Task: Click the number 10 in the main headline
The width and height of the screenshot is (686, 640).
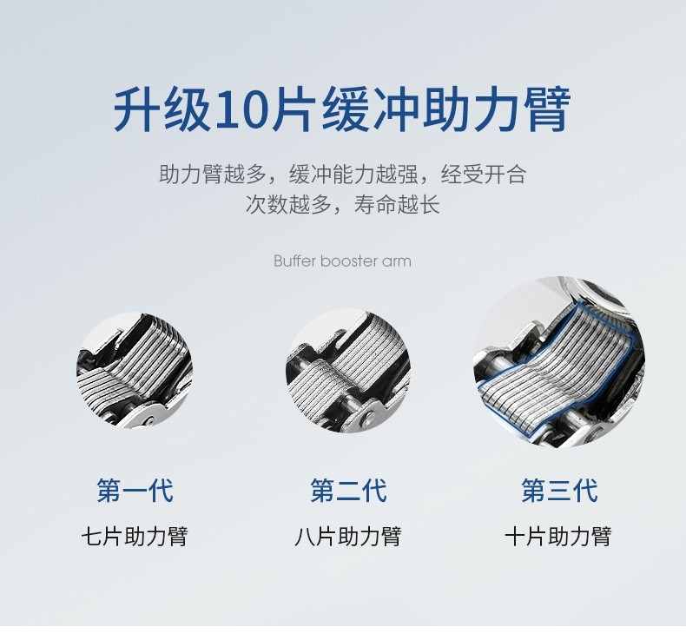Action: tap(242, 110)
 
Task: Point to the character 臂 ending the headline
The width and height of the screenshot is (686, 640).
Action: tap(547, 109)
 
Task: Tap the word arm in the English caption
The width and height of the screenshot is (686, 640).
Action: tap(397, 262)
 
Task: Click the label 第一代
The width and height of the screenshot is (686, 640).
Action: tap(135, 491)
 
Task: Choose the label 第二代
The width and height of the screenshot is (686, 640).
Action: tap(348, 491)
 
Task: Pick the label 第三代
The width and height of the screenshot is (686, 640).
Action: tap(559, 491)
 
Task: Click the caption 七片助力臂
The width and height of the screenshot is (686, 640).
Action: tap(135, 537)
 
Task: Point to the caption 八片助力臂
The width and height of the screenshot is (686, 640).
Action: tap(348, 537)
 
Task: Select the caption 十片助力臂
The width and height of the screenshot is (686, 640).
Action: tap(558, 537)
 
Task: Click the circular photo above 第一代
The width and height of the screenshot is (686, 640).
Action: tap(135, 370)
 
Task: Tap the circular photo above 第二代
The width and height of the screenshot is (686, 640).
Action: tap(348, 370)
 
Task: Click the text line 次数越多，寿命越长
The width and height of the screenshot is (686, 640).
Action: tap(342, 204)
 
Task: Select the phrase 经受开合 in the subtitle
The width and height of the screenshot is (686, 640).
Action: tap(484, 174)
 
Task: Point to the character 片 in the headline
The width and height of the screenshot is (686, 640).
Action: tap(293, 109)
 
